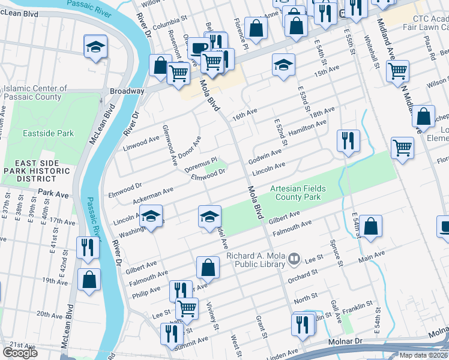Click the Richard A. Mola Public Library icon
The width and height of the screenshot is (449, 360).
point(294,259)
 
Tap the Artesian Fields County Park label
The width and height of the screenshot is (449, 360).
point(298,193)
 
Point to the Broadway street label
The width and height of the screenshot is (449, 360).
point(127,91)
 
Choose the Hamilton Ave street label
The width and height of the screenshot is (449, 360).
point(307,127)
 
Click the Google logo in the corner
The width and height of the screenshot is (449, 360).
point(20,353)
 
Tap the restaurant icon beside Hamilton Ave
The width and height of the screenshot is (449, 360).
point(348,142)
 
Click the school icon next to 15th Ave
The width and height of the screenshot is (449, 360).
point(283,65)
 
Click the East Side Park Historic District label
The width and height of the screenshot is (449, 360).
point(36,171)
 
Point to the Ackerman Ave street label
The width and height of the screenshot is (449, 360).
point(153,193)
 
